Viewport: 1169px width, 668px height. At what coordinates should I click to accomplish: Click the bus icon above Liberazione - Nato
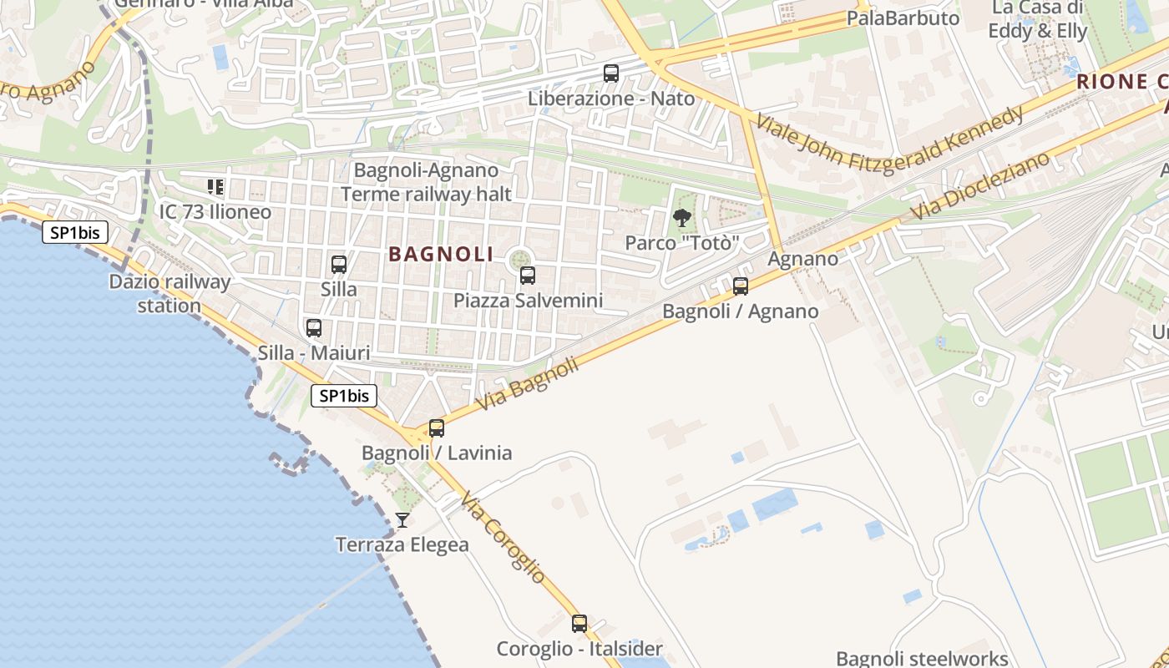[x=611, y=73]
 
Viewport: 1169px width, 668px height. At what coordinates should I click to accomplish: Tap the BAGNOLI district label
[x=441, y=255]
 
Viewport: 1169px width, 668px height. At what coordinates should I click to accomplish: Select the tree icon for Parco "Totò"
[x=682, y=219]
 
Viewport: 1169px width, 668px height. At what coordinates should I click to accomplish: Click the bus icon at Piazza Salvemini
[x=528, y=276]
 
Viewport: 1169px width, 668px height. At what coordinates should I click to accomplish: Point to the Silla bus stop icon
[x=339, y=265]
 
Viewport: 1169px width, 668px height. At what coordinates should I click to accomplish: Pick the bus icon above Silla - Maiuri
[x=314, y=328]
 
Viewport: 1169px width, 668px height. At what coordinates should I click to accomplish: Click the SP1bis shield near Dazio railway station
[x=75, y=233]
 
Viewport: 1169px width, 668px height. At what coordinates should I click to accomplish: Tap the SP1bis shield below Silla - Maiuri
[x=344, y=396]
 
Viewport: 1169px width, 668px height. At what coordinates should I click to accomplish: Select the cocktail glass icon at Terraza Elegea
[x=402, y=520]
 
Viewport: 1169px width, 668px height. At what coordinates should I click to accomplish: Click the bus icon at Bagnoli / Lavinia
[x=437, y=428]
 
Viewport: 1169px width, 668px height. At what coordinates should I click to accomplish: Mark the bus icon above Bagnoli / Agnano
[x=741, y=286]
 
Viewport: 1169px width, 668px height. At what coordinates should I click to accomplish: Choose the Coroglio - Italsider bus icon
[x=579, y=624]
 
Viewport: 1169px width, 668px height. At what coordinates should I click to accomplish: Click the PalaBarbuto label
[x=903, y=18]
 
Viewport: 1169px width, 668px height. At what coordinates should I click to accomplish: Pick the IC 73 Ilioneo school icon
[x=216, y=187]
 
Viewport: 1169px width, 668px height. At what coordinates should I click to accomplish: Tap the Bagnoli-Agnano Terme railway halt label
[x=426, y=182]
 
